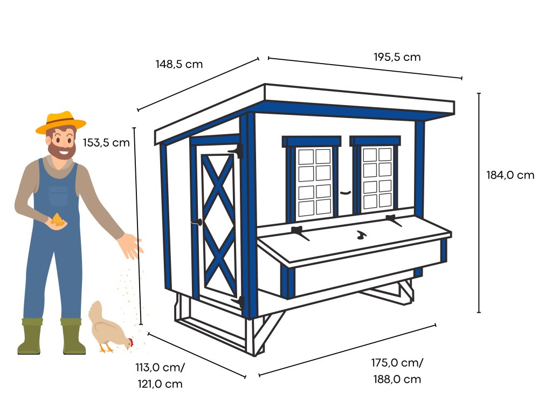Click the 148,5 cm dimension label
pos(179,64)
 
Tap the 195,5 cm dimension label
pos(397,57)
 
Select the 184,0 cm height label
pos(510,175)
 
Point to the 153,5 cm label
pos(106,143)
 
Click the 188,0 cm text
pos(397,379)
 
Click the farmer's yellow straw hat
pos(60,122)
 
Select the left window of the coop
pos(314,181)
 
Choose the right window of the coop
pos(377,177)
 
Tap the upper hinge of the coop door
pos(237,151)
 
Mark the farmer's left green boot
pos(30,336)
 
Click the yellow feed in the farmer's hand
pos(58,219)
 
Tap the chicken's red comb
pos(131,342)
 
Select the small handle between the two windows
pos(346,192)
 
